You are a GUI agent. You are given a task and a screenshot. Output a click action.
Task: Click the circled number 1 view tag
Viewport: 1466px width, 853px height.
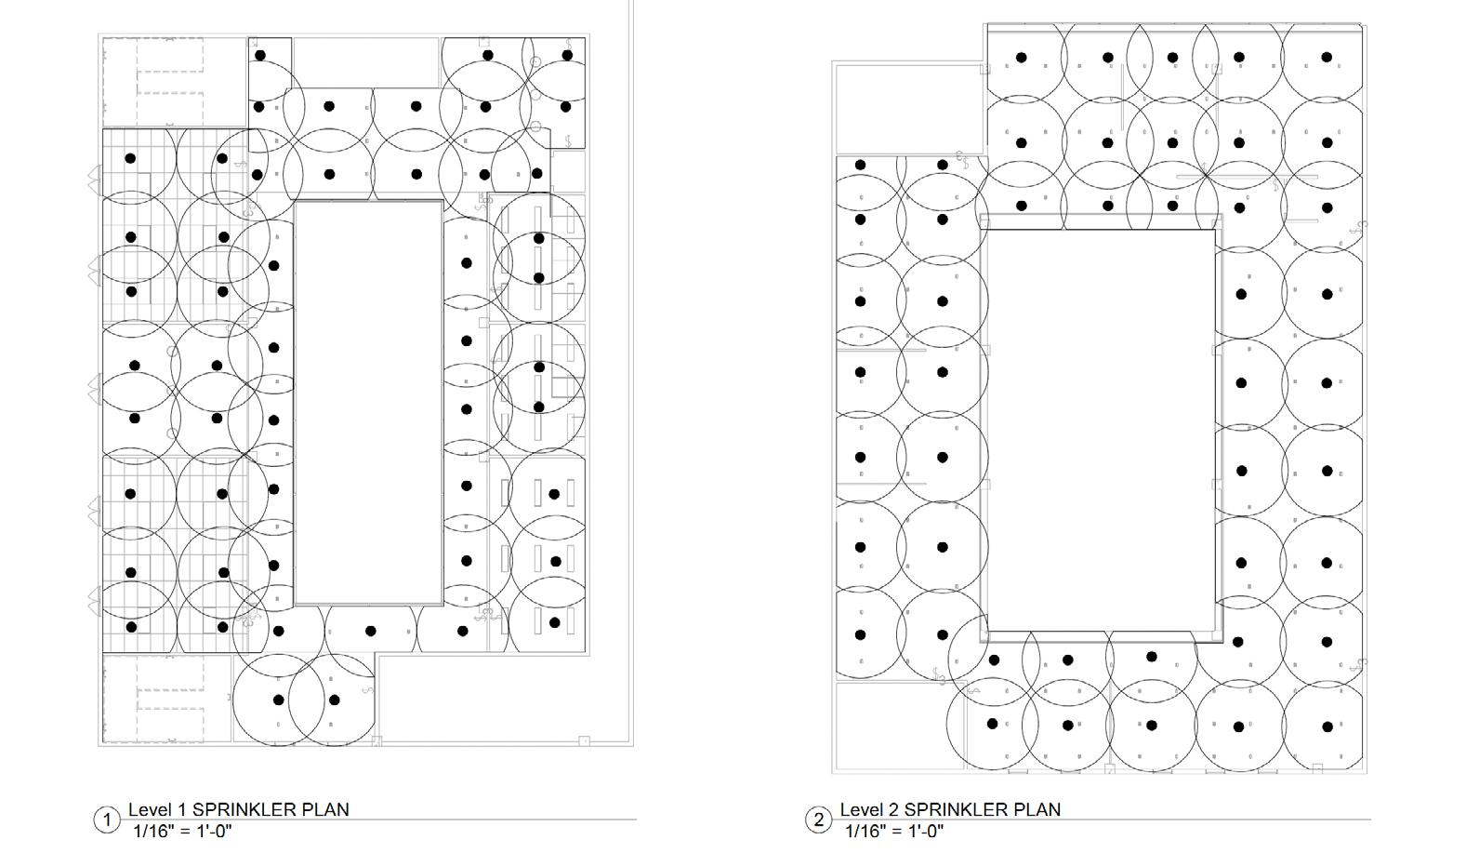coord(107,820)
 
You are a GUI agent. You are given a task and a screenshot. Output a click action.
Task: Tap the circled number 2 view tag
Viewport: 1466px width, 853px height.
coord(819,820)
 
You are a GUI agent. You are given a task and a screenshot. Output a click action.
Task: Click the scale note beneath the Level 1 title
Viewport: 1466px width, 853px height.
coord(182,831)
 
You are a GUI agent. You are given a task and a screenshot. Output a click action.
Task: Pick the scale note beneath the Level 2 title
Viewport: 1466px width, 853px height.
coord(894,831)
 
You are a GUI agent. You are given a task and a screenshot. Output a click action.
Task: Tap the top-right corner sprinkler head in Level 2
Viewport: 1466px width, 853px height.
coord(1327,57)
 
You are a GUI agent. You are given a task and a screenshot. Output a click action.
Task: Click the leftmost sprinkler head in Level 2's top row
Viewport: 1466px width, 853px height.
coord(1021,58)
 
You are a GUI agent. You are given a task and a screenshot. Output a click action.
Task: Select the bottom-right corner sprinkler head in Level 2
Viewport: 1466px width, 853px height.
coord(1327,726)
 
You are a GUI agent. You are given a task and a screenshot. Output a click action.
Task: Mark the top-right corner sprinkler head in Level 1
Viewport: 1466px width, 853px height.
coord(567,56)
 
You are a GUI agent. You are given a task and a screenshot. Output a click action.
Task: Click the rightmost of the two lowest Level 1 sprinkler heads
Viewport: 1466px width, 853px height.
coord(335,700)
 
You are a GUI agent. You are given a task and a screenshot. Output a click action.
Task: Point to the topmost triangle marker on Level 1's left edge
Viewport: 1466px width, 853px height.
coord(95,179)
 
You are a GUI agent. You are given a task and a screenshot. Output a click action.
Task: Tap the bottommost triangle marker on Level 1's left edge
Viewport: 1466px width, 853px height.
coord(95,599)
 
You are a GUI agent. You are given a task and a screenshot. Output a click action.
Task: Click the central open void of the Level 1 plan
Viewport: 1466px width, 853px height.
coord(367,402)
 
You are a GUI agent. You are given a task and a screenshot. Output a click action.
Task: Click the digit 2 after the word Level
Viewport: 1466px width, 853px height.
coord(895,809)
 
